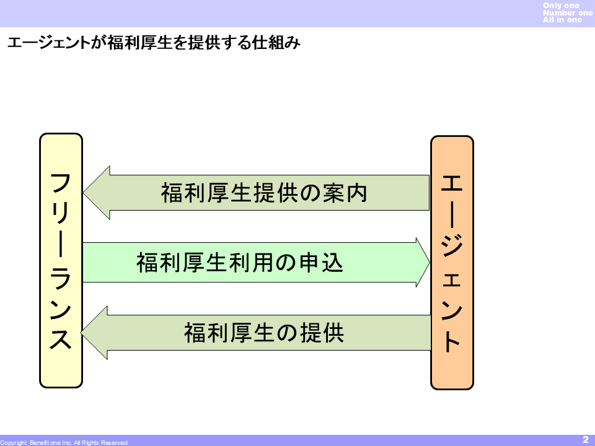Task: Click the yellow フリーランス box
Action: click(x=61, y=261)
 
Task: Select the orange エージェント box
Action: click(x=452, y=263)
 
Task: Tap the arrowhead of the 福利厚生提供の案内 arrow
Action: click(x=97, y=193)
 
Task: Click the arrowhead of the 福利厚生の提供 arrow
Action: click(x=95, y=333)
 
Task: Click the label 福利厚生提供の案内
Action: click(x=264, y=193)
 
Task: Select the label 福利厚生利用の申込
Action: click(x=240, y=263)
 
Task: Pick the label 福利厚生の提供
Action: click(x=264, y=333)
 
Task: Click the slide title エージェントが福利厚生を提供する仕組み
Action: click(x=154, y=43)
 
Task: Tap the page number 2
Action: click(x=585, y=439)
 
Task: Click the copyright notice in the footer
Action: click(x=64, y=442)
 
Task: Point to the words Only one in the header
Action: click(x=561, y=6)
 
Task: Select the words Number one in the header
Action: click(x=567, y=12)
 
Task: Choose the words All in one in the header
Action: click(x=562, y=20)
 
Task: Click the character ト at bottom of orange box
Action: click(x=452, y=341)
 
